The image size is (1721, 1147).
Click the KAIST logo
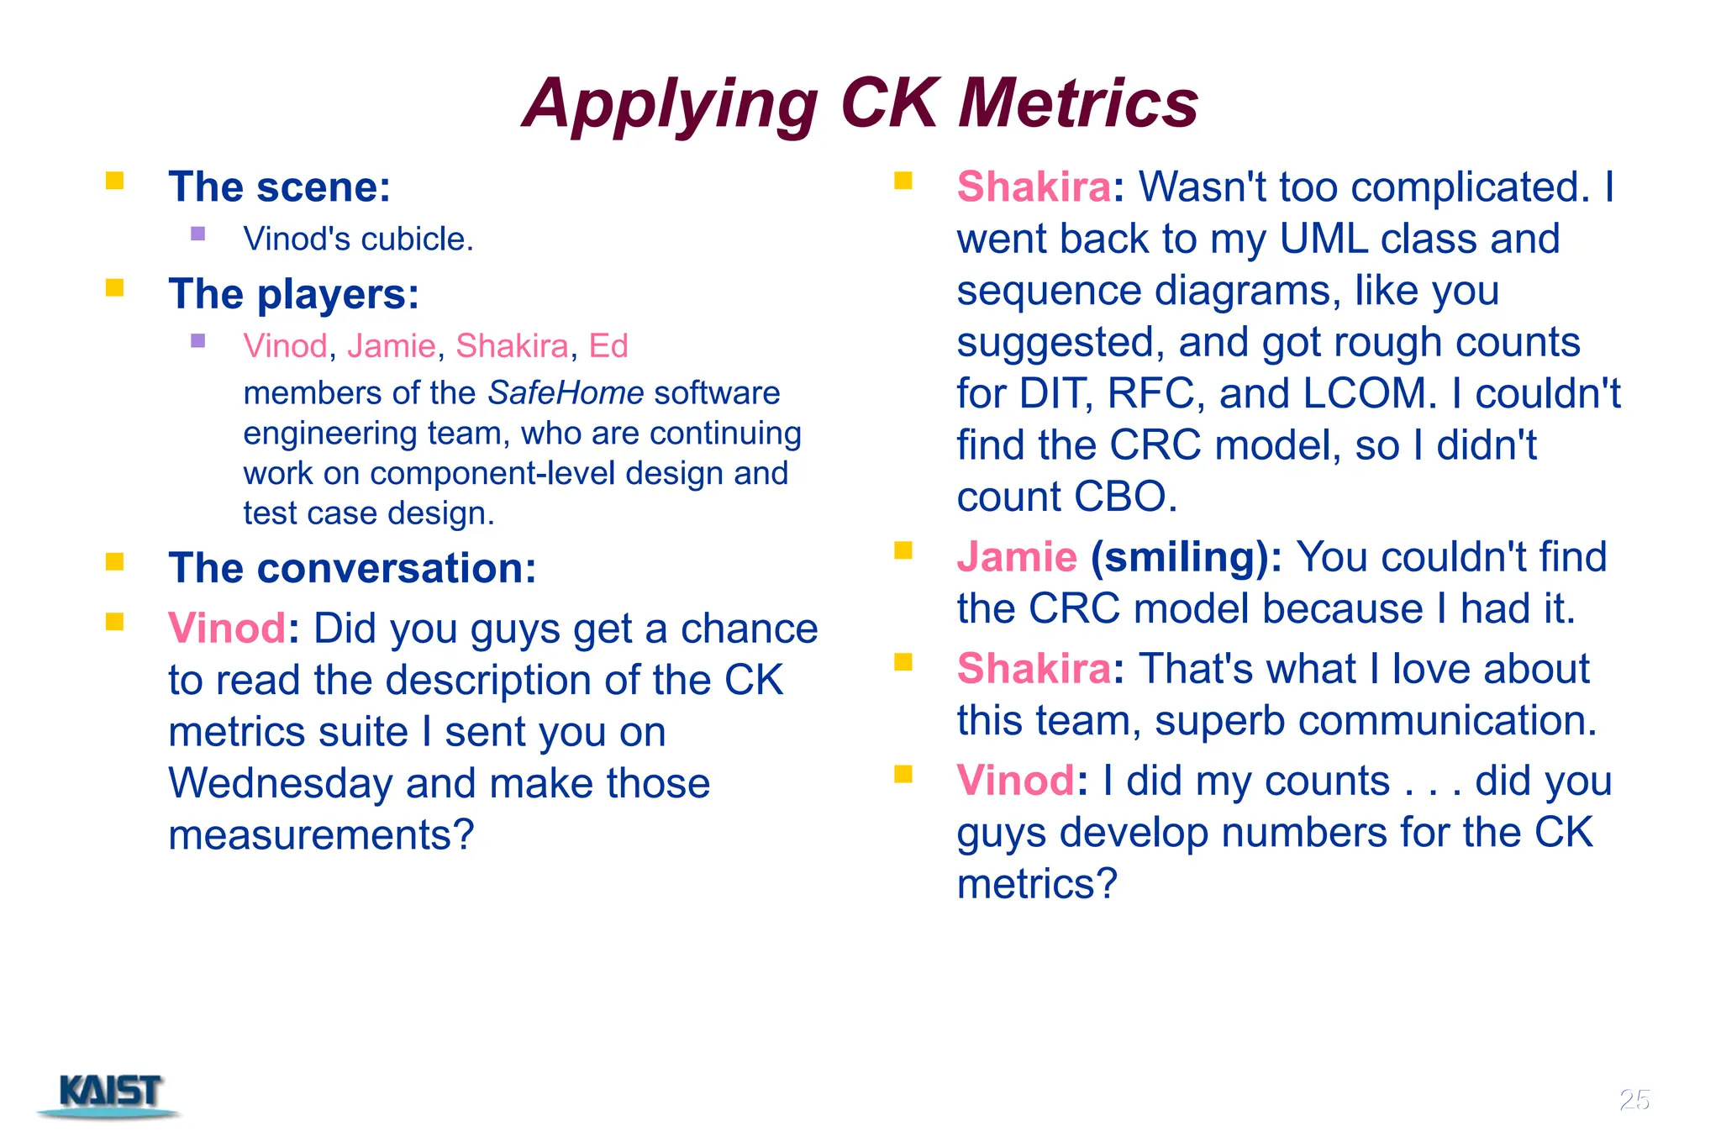coord(110,1093)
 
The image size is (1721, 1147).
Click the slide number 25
coord(1634,1099)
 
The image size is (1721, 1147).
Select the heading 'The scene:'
coord(279,187)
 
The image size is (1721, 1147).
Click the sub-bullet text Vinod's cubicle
coord(358,239)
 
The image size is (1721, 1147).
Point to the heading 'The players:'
coord(293,294)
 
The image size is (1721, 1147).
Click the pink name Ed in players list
coord(608,346)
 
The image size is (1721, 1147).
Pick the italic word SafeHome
coord(566,392)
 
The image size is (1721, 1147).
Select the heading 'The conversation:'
coord(351,568)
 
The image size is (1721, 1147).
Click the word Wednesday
coord(280,783)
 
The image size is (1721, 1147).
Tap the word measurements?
coord(321,835)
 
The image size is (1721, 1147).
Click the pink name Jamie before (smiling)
coord(1016,557)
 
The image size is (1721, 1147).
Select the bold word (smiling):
coord(1186,557)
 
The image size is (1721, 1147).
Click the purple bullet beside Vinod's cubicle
coord(198,234)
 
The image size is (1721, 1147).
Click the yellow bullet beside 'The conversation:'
coord(115,561)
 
